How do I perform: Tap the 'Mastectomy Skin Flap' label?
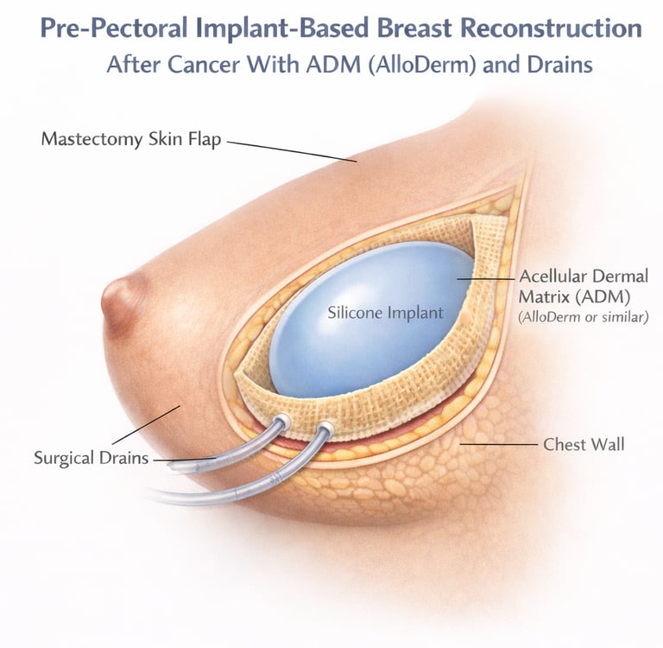point(132,138)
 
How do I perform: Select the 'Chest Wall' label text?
point(584,445)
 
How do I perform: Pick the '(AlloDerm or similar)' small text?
point(583,317)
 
